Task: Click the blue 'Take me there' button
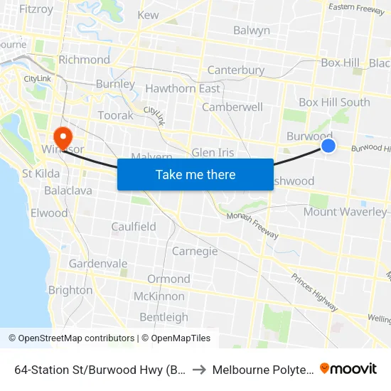pyautogui.click(x=195, y=175)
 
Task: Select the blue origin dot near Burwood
pyautogui.click(x=328, y=146)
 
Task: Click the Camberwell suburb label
pyautogui.click(x=232, y=107)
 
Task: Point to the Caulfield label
pyautogui.click(x=134, y=227)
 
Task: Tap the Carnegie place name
pyautogui.click(x=195, y=252)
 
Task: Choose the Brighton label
pyautogui.click(x=70, y=290)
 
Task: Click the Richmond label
pyautogui.click(x=85, y=60)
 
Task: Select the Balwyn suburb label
pyautogui.click(x=252, y=31)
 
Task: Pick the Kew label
pyautogui.click(x=149, y=15)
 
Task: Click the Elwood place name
pyautogui.click(x=50, y=213)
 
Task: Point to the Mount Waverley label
pyautogui.click(x=346, y=212)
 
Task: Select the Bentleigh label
pyautogui.click(x=164, y=317)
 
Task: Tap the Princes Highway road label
pyautogui.click(x=313, y=291)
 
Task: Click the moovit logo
pyautogui.click(x=348, y=369)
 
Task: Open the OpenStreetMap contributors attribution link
pyautogui.click(x=71, y=338)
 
